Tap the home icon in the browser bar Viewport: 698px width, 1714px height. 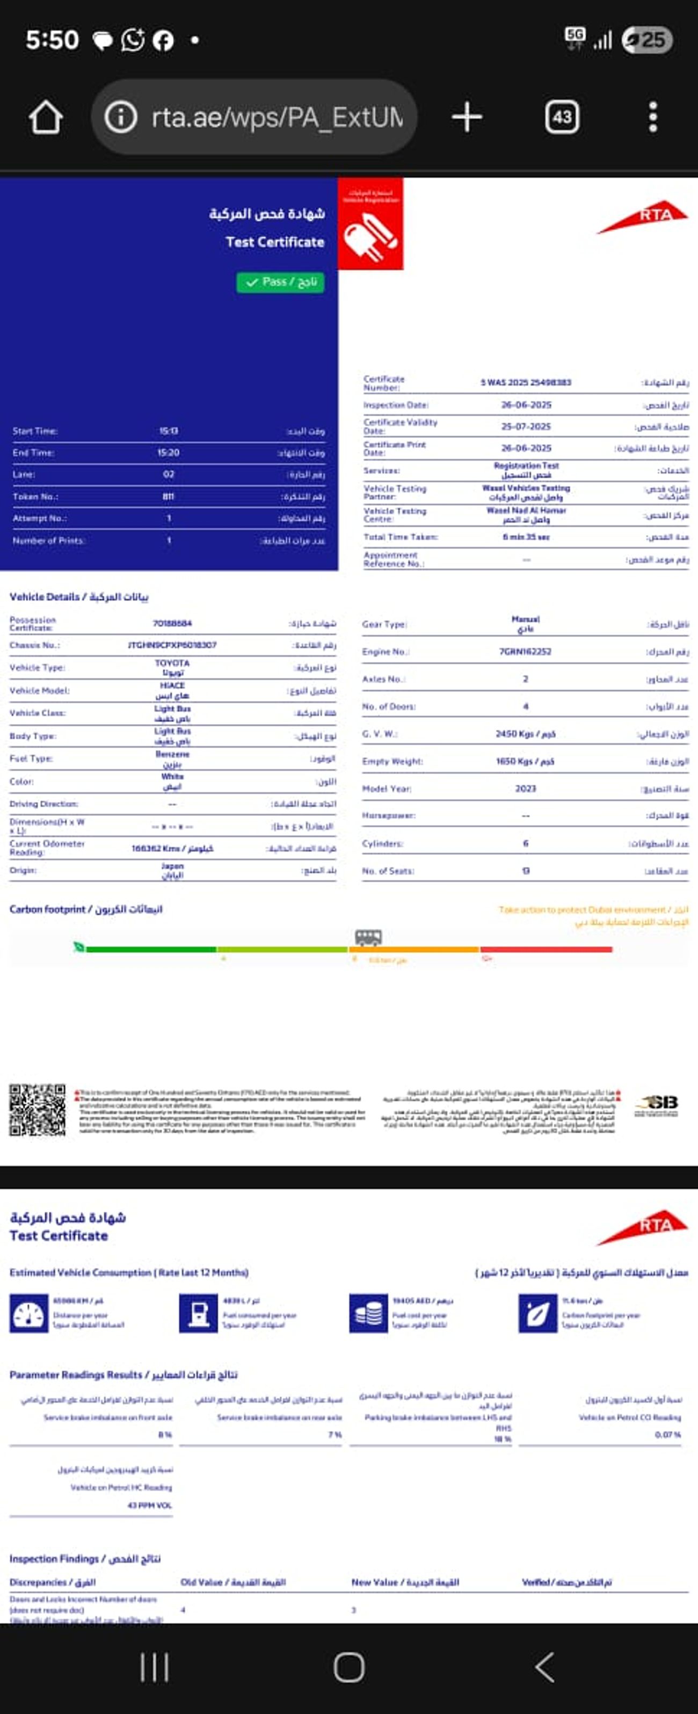click(45, 118)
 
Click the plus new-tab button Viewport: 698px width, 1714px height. click(467, 117)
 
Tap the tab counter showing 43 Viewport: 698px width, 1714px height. click(562, 118)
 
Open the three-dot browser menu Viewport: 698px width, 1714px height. click(653, 117)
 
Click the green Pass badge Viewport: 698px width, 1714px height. click(280, 282)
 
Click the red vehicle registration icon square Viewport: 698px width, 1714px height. click(370, 224)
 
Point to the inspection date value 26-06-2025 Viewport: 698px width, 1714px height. click(526, 404)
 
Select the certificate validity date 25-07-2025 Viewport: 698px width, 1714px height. click(526, 426)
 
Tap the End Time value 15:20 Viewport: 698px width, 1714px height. click(169, 452)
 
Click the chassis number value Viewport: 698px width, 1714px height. click(172, 645)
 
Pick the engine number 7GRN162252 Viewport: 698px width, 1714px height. click(525, 652)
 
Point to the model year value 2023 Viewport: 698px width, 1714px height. click(525, 789)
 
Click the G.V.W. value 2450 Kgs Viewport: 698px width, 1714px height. click(525, 734)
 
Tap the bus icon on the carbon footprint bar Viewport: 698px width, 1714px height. click(368, 937)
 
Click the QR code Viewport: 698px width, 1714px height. click(37, 1110)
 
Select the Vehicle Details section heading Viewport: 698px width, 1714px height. click(78, 597)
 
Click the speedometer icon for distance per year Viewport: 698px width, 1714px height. click(28, 1313)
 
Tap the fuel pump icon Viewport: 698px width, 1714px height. click(198, 1313)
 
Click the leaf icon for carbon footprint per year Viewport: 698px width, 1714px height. click(537, 1313)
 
